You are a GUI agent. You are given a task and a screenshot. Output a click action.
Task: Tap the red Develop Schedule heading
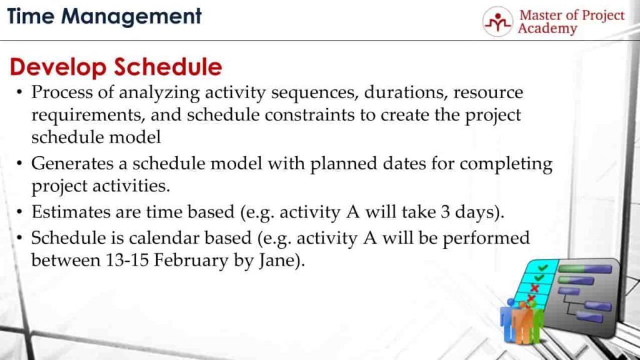(116, 67)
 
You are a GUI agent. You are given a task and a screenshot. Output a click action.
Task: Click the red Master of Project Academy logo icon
(497, 22)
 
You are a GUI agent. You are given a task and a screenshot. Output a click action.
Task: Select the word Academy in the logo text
(547, 29)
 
